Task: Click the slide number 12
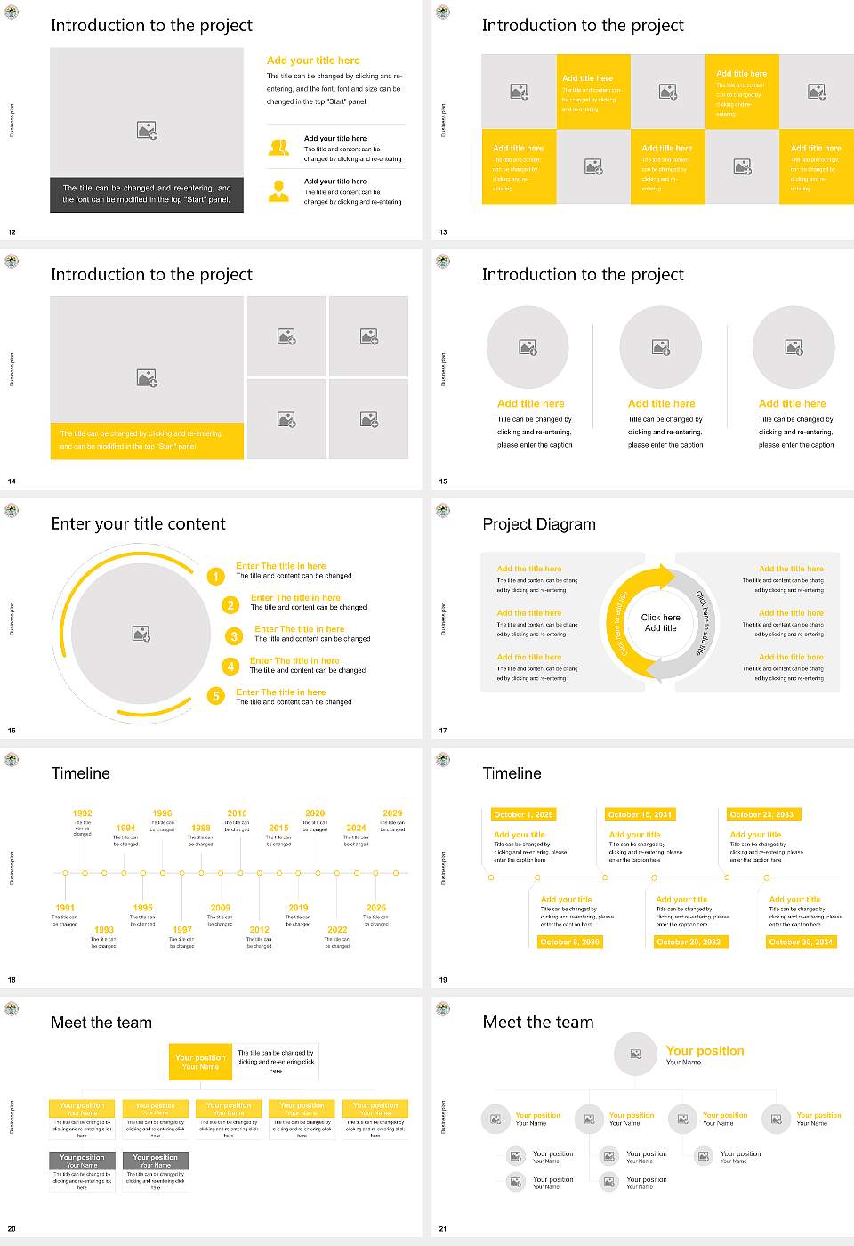[12, 232]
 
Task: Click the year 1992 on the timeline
[82, 813]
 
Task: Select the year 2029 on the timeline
[392, 813]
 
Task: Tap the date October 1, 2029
[523, 814]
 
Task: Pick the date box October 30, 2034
[801, 942]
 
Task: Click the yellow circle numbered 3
[234, 636]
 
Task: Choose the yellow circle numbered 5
[215, 696]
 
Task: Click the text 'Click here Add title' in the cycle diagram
[660, 623]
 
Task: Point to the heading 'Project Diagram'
[539, 524]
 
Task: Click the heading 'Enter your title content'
[138, 524]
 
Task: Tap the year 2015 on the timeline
[278, 828]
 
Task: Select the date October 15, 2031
[639, 814]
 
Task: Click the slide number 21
[443, 1229]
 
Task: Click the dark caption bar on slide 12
[147, 194]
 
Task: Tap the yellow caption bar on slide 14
[147, 441]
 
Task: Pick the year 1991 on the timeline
[65, 908]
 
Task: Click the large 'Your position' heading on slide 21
[705, 1051]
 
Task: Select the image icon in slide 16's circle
[141, 634]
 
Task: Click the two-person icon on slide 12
[278, 148]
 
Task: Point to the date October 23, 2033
[761, 814]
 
